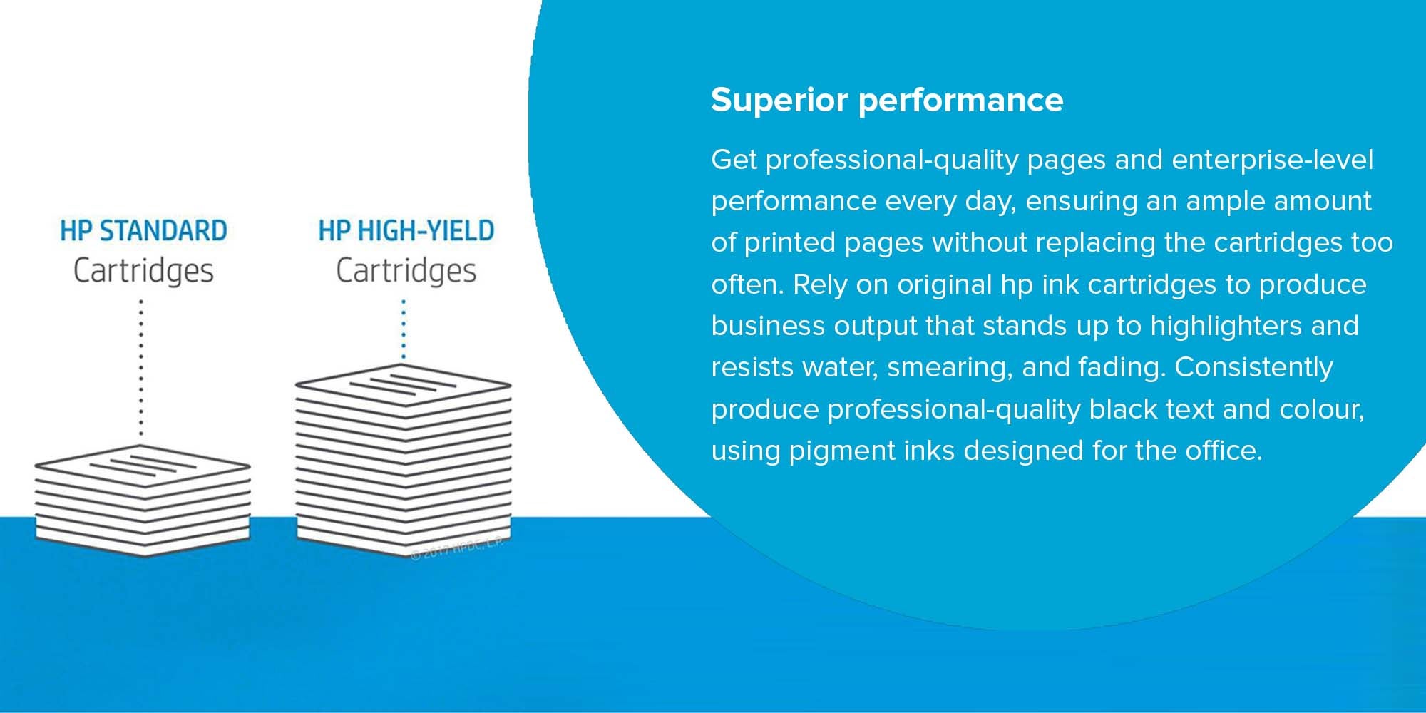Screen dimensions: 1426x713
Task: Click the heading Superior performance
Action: [x=887, y=101]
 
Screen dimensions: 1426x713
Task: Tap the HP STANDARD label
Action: [x=143, y=231]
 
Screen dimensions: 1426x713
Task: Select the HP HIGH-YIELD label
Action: [x=406, y=231]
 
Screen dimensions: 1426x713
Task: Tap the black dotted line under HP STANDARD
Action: [x=141, y=367]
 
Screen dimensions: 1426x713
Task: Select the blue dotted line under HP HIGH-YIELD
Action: [x=404, y=329]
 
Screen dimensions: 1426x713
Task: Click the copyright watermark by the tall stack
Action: [x=457, y=548]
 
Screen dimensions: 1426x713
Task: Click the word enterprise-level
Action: [x=1272, y=160]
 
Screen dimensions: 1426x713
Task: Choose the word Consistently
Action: [x=1253, y=368]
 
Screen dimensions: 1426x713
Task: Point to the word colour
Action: [x=1322, y=410]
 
